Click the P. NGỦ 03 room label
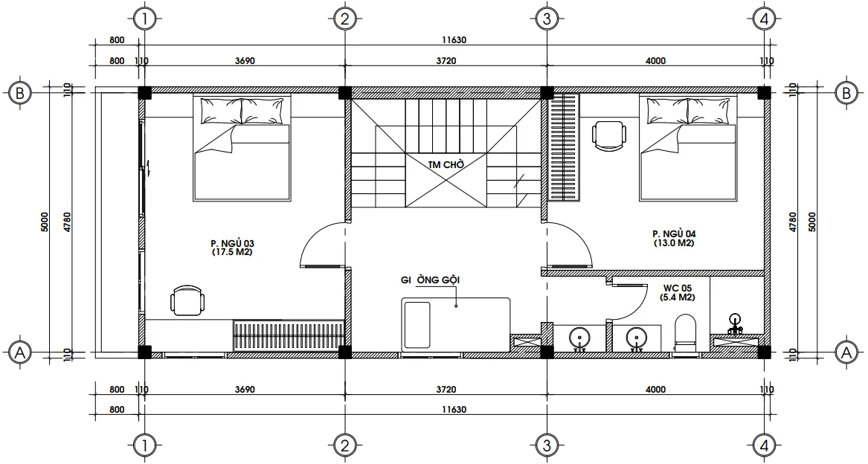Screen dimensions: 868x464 pos(233,248)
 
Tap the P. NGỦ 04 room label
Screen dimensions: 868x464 pos(674,238)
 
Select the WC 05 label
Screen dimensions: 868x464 pos(677,292)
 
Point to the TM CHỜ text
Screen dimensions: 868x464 pos(446,164)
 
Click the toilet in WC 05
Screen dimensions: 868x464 pos(685,332)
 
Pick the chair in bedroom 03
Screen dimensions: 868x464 pos(187,300)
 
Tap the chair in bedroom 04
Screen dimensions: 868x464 pos(609,135)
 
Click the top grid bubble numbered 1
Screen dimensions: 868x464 pos(145,19)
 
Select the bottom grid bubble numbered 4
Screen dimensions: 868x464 pos(765,445)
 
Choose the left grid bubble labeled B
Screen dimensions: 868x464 pos(20,93)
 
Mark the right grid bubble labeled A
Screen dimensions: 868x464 pos(846,352)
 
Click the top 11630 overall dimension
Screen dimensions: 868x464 pos(454,40)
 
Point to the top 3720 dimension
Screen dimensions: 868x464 pos(446,60)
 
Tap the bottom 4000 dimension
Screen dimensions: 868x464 pos(655,389)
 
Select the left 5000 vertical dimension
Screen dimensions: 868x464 pos(45,222)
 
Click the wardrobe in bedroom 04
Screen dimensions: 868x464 pos(564,146)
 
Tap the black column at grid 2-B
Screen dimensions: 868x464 pos(344,93)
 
